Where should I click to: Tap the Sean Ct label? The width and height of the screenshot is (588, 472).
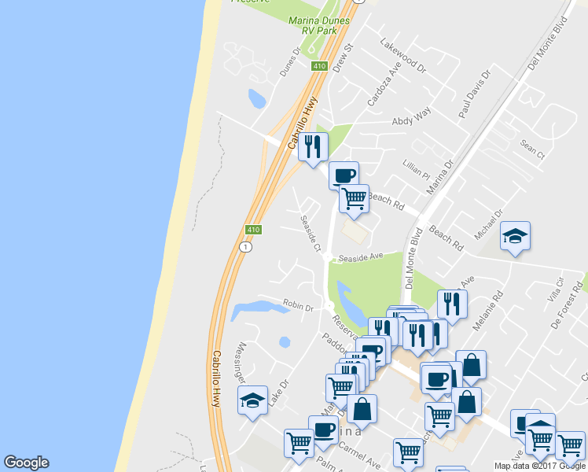coord(532,149)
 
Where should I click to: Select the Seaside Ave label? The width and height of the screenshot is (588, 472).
coord(360,256)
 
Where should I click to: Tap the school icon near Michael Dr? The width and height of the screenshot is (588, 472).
coord(515,236)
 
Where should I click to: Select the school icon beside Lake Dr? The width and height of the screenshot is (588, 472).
coord(253,400)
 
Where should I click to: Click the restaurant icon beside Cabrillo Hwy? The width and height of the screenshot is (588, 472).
coord(312,146)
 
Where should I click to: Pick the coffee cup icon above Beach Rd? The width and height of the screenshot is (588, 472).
coord(344,175)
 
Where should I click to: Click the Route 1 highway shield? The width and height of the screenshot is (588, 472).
coord(246,247)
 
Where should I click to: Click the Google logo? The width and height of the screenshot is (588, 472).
coord(26,463)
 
